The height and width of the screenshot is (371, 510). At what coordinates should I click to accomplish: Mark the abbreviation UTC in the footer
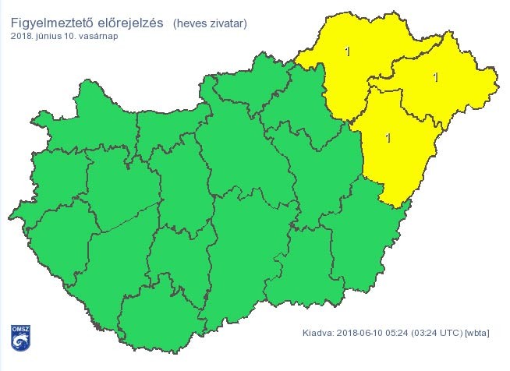454,334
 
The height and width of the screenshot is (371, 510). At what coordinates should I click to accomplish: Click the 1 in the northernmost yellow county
347,51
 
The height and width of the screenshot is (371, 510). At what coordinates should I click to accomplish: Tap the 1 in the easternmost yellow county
435,76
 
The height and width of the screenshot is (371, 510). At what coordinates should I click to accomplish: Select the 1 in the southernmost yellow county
388,137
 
